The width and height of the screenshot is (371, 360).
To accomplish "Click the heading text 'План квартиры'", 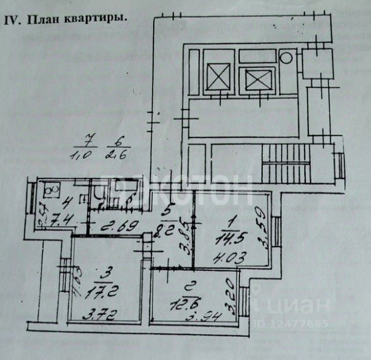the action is [x=73, y=19].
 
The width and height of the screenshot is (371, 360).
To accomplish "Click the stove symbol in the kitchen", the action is [x=50, y=189].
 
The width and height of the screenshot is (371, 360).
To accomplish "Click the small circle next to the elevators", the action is [x=286, y=57].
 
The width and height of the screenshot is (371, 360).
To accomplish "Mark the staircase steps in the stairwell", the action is [x=278, y=162].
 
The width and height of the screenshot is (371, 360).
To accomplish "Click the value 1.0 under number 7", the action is [x=85, y=155].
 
